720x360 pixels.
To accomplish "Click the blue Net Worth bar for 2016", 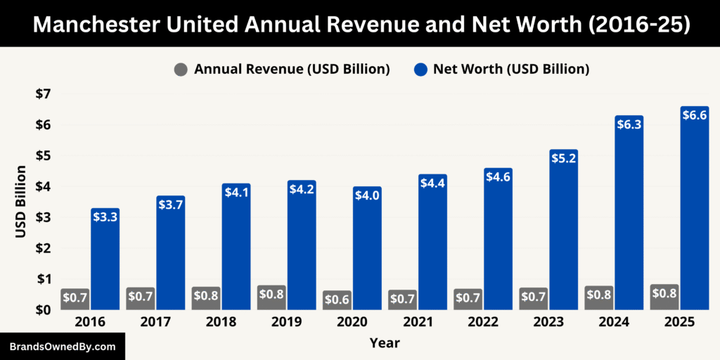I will coord(105,260).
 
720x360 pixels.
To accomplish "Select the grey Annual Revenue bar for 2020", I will coord(337,300).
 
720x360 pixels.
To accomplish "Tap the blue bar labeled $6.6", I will coord(695,211).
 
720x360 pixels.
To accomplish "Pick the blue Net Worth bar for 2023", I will coord(564,232).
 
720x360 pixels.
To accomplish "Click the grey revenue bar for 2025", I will coord(664,297).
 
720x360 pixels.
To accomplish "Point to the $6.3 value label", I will coord(629,124).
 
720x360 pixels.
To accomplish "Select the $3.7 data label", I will coord(171,205).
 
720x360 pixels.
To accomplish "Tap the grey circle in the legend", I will coord(181,69).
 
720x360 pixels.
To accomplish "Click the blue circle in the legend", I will coord(420,69).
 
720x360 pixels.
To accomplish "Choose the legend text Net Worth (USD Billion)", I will coord(510,69).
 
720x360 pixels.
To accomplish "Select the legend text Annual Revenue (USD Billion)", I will coord(292,69).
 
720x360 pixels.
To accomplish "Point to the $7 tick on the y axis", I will coord(43,94).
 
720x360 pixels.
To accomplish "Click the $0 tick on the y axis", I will coord(43,309).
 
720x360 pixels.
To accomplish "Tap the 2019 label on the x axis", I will coord(287,322).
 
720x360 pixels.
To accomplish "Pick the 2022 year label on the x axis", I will coord(484,322).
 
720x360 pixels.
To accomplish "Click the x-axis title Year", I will coord(385,343).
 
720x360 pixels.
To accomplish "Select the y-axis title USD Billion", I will coord(20,201).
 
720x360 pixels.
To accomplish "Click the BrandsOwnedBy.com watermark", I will coord(62,347).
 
